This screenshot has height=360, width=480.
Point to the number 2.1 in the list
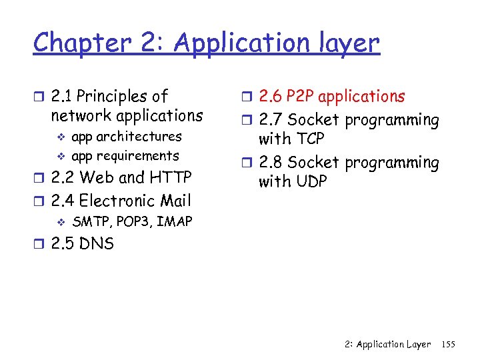[62, 97]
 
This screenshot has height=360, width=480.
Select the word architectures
[139, 137]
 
